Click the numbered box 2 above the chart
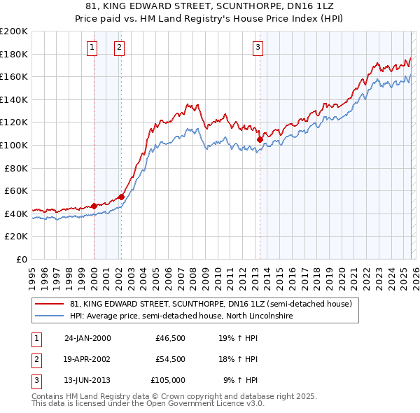[119, 48]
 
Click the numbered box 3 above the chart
[258, 48]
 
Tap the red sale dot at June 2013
[260, 139]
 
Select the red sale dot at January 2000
[94, 206]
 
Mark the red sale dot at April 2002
[121, 197]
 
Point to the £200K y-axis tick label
[14, 31]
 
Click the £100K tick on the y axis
[14, 145]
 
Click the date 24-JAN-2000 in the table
[87, 338]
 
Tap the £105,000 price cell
[168, 380]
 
